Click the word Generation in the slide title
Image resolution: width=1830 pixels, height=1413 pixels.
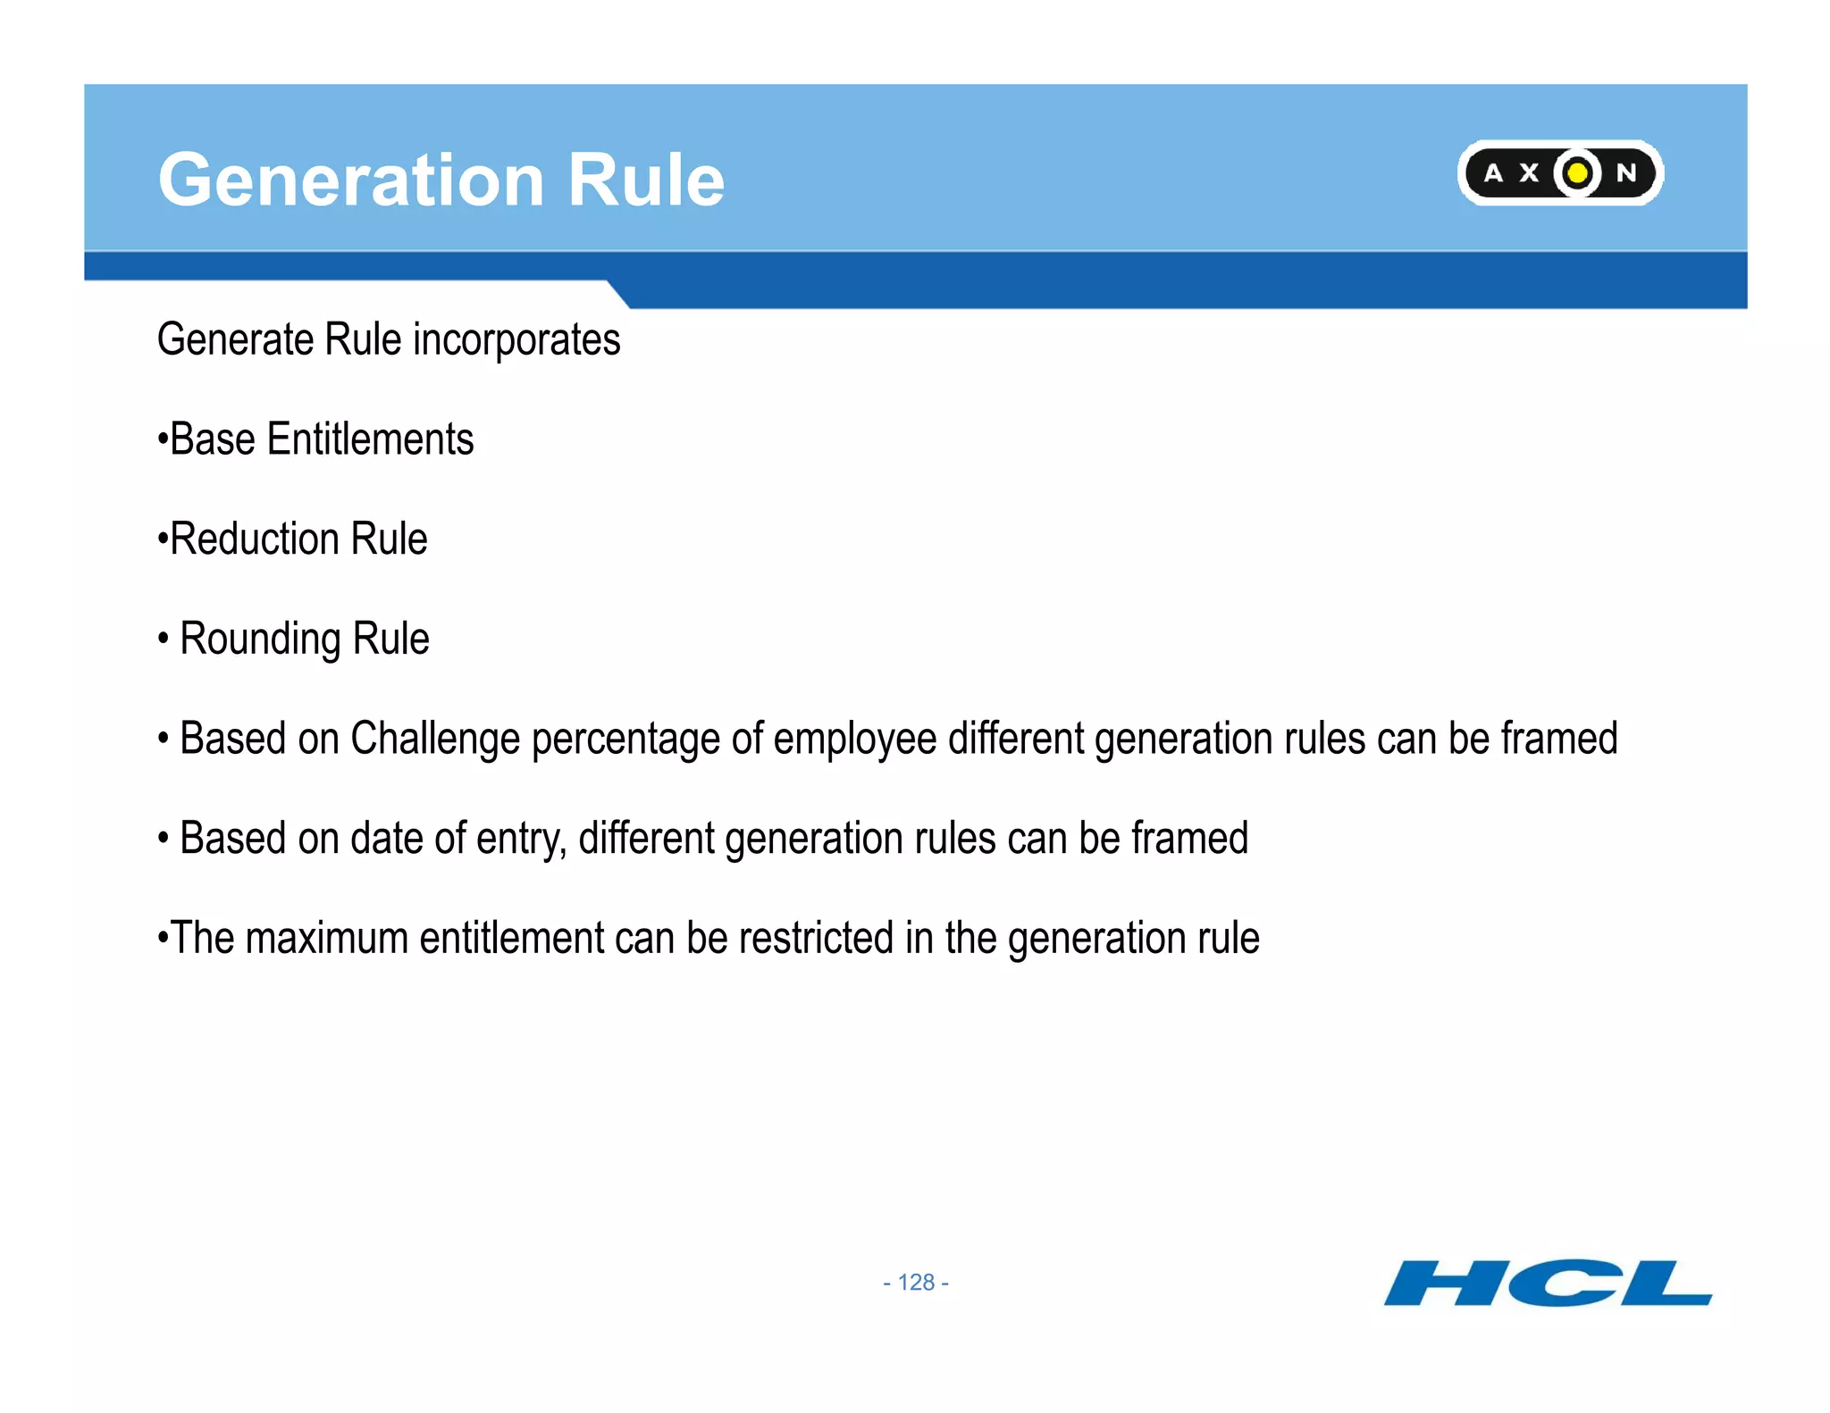coord(350,180)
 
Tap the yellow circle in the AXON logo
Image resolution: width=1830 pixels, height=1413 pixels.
coord(1578,172)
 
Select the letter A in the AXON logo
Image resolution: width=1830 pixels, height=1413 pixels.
coord(1493,173)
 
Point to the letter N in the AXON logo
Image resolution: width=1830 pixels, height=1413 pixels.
coord(1626,173)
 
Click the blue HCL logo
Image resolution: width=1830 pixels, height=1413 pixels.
coord(1548,1283)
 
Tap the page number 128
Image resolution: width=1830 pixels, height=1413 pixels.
coord(916,1283)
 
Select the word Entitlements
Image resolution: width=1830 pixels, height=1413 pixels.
coord(370,439)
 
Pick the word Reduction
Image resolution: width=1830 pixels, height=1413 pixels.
coord(255,539)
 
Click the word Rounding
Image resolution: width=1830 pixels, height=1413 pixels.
coord(260,640)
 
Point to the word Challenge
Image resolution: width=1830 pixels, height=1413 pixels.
coord(435,740)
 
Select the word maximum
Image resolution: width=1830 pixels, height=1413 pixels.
coord(327,939)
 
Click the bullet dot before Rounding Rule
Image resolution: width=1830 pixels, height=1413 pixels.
coord(164,640)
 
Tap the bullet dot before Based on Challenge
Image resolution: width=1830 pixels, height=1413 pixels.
coord(164,740)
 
